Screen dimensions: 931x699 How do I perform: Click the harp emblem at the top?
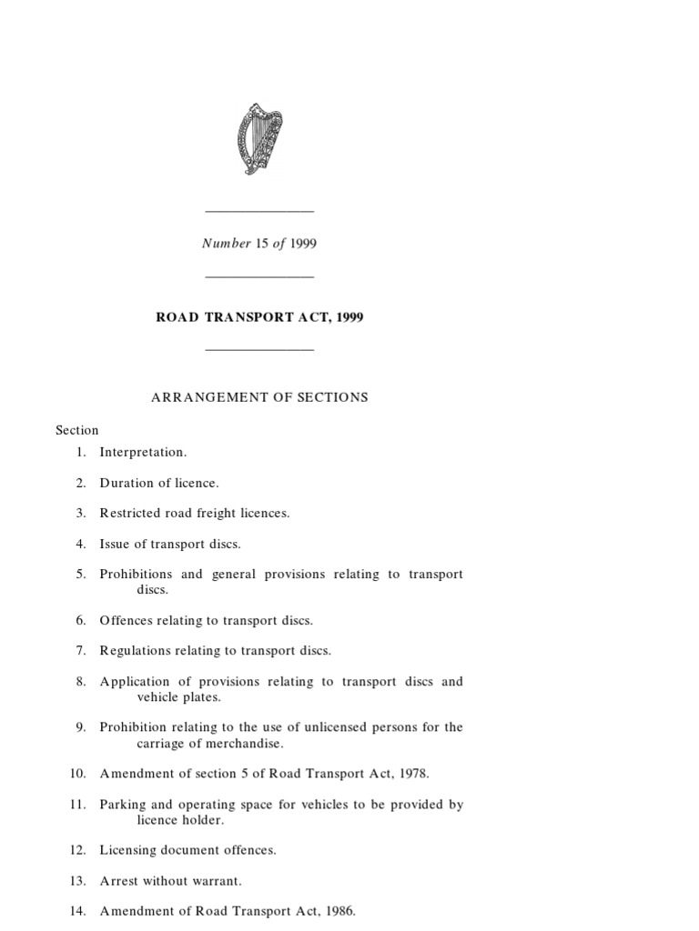(x=259, y=139)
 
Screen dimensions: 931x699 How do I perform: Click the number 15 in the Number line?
(x=262, y=244)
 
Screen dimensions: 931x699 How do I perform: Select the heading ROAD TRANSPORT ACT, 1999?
(x=260, y=317)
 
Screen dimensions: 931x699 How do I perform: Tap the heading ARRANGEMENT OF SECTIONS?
(x=258, y=397)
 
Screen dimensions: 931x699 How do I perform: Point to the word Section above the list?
(x=77, y=430)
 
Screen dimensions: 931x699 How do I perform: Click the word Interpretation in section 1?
(x=143, y=452)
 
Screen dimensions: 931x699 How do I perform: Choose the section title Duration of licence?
(x=159, y=483)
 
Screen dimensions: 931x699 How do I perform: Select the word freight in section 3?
(x=216, y=514)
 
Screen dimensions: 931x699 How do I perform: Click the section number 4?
(x=80, y=545)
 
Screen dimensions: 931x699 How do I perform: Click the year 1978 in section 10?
(x=412, y=774)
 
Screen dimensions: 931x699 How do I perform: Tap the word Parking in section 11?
(x=124, y=805)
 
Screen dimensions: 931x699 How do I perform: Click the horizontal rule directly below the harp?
(x=259, y=212)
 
